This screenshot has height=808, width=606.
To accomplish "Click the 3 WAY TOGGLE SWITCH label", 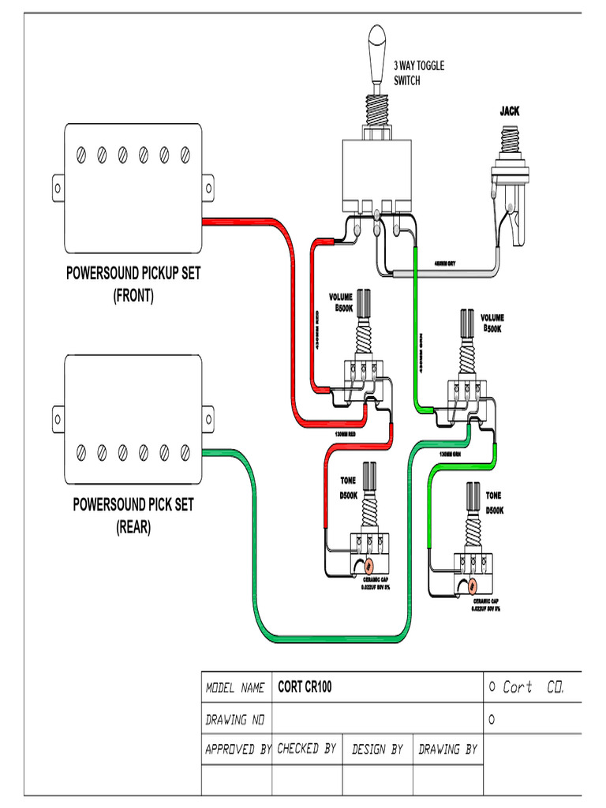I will (x=418, y=73).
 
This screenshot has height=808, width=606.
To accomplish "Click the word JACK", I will (x=509, y=111).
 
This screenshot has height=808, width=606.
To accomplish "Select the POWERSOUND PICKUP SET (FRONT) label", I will (x=133, y=284).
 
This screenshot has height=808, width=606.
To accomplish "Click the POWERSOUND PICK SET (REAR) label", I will (x=133, y=514).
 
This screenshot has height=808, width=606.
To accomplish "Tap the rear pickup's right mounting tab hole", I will (x=208, y=419).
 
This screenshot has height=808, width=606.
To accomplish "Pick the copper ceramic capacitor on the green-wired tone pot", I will (x=471, y=585).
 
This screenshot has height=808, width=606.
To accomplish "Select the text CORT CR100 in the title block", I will (x=305, y=687).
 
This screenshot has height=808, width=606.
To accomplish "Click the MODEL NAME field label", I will (x=235, y=688).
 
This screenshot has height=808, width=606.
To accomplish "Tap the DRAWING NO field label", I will (x=235, y=720).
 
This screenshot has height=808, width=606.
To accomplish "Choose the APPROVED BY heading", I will (x=238, y=749).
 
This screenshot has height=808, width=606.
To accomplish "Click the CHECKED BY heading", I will (x=307, y=748).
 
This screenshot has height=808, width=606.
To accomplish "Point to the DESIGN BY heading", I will (x=377, y=749).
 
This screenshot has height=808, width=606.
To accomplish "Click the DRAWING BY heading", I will (x=447, y=749).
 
